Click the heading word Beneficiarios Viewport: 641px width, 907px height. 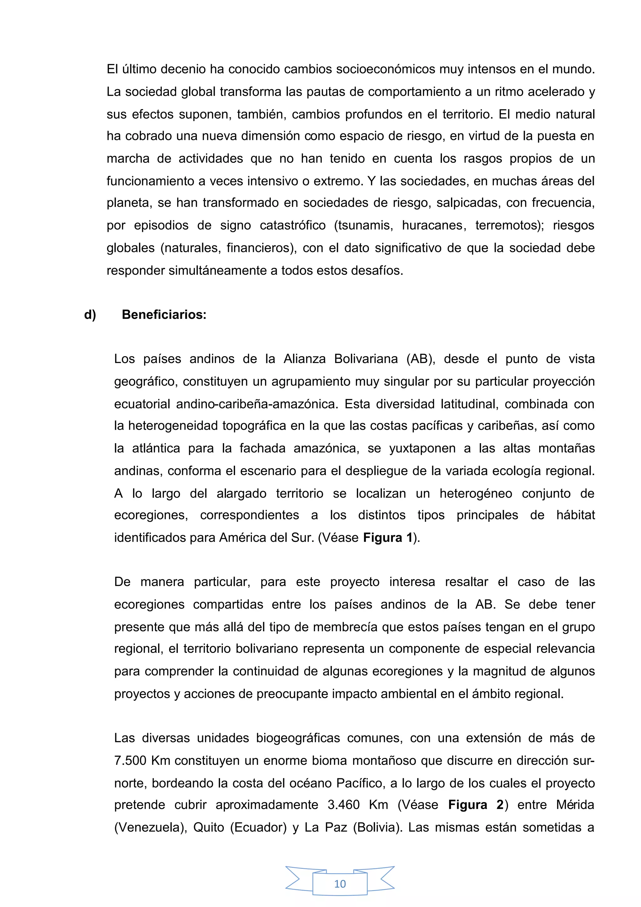pyautogui.click(x=164, y=315)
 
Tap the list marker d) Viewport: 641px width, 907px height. pyautogui.click(x=90, y=315)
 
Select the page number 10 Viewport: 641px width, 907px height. pyautogui.click(x=340, y=884)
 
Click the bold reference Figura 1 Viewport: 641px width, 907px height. pyautogui.click(x=387, y=538)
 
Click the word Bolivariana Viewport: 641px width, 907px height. pyautogui.click(x=366, y=359)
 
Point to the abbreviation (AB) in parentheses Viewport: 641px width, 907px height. pyautogui.click(x=421, y=359)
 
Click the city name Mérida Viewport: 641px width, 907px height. pyautogui.click(x=575, y=805)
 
